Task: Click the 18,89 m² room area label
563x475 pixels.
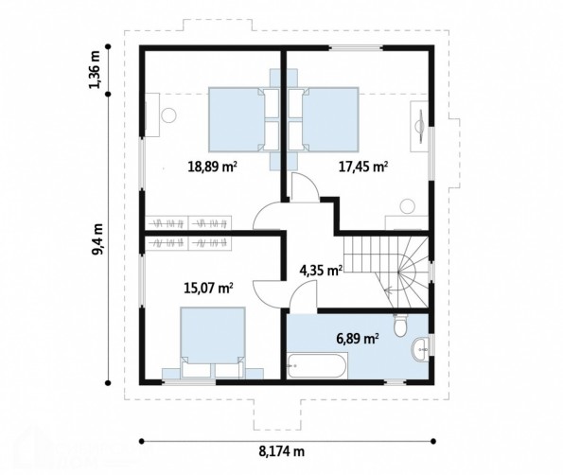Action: tap(212, 167)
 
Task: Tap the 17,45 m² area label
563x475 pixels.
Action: tap(363, 167)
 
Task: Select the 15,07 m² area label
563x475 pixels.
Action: tap(208, 288)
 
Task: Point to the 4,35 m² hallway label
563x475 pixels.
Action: tap(321, 270)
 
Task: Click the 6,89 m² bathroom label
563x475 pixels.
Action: tap(358, 338)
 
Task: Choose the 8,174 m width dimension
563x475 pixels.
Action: tap(282, 451)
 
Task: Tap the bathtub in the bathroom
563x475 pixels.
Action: tap(317, 365)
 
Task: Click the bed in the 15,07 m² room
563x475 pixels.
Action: tap(213, 342)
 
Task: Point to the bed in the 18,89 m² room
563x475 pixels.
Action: tap(244, 119)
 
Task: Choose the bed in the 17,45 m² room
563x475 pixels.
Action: tap(324, 119)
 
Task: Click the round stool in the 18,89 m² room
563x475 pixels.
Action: tap(168, 115)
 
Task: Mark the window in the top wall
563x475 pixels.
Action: tap(356, 47)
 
